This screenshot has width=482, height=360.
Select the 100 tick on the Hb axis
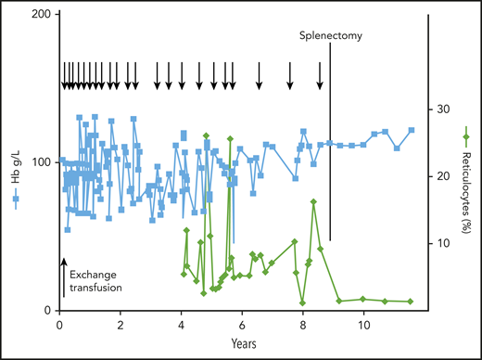click(x=39, y=162)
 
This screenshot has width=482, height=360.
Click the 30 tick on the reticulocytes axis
click(x=444, y=109)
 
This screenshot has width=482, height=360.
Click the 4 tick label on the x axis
click(x=182, y=326)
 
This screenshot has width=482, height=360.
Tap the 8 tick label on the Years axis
click(x=303, y=326)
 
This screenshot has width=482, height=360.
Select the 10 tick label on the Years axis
click(x=364, y=326)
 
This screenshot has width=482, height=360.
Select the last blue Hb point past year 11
click(x=411, y=130)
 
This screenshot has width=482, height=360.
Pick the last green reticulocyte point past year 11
click(x=410, y=302)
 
